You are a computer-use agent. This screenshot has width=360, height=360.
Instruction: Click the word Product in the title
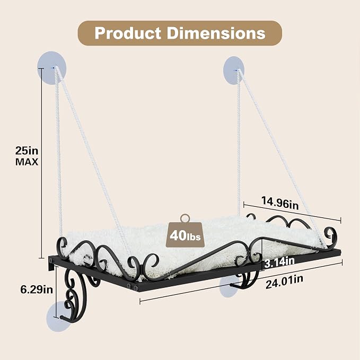(127, 33)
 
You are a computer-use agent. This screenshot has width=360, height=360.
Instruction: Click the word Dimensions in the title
(216, 33)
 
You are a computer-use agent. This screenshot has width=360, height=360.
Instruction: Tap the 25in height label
(27, 151)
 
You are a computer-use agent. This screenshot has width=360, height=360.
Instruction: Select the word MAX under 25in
(27, 162)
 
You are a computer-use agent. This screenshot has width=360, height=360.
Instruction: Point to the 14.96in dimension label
(280, 203)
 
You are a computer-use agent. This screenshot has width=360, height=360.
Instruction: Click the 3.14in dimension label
(279, 262)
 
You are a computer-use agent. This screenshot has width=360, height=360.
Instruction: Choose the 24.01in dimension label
(284, 282)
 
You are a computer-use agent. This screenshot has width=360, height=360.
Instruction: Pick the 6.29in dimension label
(37, 289)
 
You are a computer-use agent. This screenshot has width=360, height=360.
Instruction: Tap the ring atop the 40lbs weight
(185, 218)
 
